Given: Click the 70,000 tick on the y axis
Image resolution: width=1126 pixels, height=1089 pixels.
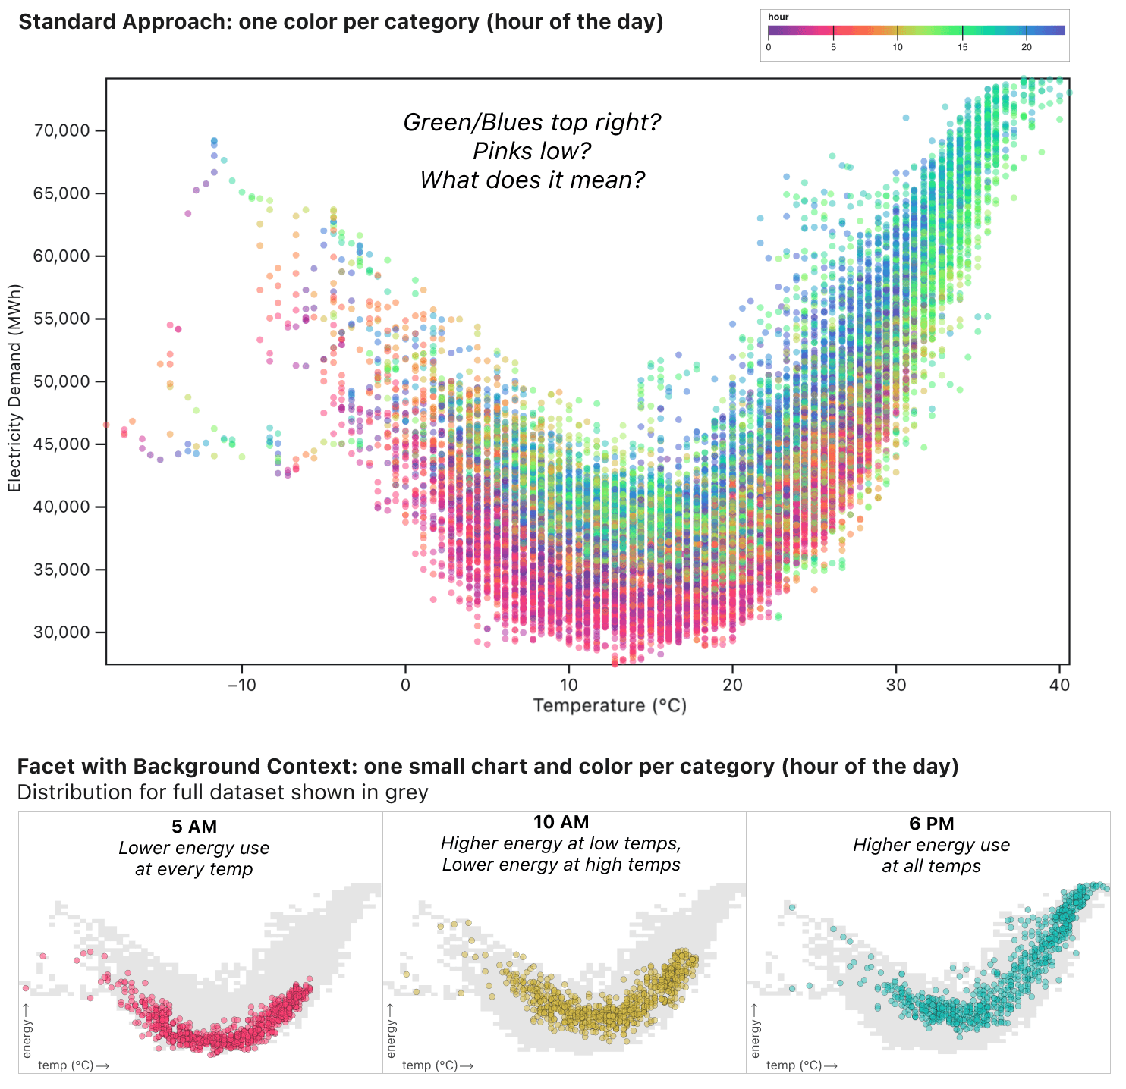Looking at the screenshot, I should pyautogui.click(x=61, y=130).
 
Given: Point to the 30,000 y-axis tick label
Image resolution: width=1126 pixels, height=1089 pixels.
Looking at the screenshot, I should pyautogui.click(x=61, y=632).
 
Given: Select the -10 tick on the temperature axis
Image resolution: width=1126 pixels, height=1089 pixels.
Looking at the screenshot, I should pyautogui.click(x=241, y=685).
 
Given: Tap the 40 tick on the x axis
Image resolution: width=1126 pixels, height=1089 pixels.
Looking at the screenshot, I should pyautogui.click(x=1059, y=685).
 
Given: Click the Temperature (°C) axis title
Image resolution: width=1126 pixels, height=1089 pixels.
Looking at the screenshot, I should pyautogui.click(x=609, y=706).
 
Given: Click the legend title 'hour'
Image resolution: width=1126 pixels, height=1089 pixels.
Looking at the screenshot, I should pyautogui.click(x=778, y=17).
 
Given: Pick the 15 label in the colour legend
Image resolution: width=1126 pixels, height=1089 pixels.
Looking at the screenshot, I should pyautogui.click(x=962, y=47).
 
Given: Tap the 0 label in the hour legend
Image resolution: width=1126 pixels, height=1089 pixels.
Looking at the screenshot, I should pyautogui.click(x=769, y=47).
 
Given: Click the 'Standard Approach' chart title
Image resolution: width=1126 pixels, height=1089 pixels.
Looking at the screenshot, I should pyautogui.click(x=341, y=22).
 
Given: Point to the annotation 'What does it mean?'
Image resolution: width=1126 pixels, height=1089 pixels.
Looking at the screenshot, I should pyautogui.click(x=532, y=180).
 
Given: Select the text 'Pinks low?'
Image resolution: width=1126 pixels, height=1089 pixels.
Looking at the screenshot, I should pyautogui.click(x=532, y=152).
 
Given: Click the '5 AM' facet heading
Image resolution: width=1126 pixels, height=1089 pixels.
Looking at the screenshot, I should pyautogui.click(x=194, y=827).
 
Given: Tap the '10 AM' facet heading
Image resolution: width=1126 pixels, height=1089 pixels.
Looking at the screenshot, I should pyautogui.click(x=561, y=823).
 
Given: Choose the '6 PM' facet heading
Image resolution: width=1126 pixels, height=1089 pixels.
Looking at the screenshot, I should pyautogui.click(x=931, y=824).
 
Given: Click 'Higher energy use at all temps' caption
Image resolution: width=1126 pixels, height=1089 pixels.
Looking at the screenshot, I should pyautogui.click(x=931, y=855).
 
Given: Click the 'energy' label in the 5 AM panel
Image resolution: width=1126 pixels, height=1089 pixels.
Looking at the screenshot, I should pyautogui.click(x=27, y=1038).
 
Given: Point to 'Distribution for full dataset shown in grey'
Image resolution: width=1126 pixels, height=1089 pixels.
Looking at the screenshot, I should pyautogui.click(x=222, y=792).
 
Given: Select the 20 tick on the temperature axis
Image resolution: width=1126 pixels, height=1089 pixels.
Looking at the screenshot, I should pyautogui.click(x=732, y=685).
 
